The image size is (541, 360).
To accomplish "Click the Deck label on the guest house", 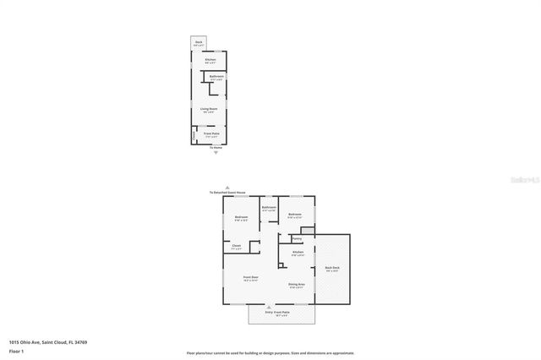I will (x=199, y=41).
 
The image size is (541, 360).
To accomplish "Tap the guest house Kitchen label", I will (x=210, y=60).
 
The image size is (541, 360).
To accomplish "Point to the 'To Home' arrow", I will (x=216, y=152).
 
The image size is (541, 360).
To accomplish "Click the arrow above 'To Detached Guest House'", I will (x=227, y=188).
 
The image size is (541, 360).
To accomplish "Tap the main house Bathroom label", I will (x=269, y=208).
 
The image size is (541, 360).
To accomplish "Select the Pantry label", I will (x=297, y=238).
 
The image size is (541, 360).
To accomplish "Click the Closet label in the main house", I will (x=237, y=247).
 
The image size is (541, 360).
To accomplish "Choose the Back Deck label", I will (x=332, y=269).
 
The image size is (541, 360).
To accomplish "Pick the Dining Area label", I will (x=296, y=285).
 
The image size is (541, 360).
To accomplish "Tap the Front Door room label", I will (x=251, y=278).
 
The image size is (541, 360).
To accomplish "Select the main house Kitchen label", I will (x=298, y=253).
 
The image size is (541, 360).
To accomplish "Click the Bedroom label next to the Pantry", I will (x=294, y=215).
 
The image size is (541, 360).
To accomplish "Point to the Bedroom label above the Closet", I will (x=241, y=218).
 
